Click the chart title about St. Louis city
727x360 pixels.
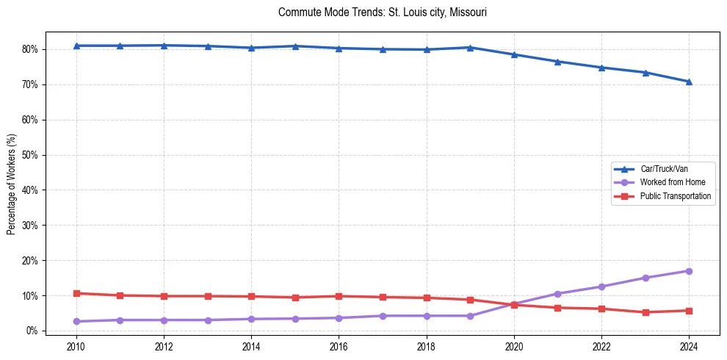383,12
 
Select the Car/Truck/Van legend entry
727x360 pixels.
664,169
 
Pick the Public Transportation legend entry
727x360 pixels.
675,196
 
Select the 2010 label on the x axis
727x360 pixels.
76,347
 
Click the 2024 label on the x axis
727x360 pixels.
689,347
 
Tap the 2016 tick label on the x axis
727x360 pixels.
339,347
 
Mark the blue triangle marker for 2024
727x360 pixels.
689,82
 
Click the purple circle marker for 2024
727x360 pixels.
689,271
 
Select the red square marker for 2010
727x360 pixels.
76,293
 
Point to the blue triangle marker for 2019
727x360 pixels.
470,48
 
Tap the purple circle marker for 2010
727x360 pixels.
76,321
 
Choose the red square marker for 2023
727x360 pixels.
645,312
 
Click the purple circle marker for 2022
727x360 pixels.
601,287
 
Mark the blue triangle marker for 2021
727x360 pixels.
557,62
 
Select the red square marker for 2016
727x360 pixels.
339,296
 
